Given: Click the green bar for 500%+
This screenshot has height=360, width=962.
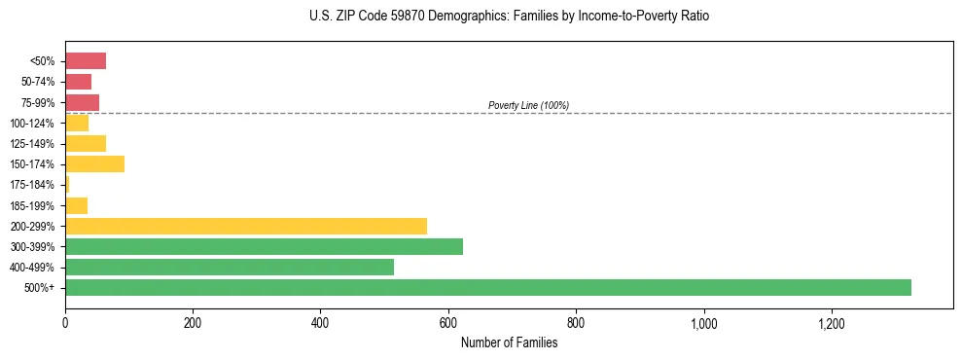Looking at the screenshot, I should tap(487, 287).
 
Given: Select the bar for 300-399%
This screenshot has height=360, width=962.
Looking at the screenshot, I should tap(264, 246).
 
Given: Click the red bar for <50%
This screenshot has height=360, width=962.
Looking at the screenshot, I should tap(85, 61).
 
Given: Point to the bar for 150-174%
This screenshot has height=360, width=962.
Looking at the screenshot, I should tap(94, 163).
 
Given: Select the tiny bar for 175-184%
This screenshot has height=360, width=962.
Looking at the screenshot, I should tap(67, 184).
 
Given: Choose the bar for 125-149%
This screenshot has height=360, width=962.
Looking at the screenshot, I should tap(85, 143).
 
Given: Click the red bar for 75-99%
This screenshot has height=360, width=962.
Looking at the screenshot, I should tap(82, 102).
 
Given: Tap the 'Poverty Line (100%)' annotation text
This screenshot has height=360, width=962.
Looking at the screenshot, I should tap(528, 105).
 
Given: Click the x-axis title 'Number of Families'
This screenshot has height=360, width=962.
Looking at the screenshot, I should tap(509, 342).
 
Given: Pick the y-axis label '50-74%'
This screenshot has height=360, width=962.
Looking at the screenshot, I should tap(38, 82).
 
